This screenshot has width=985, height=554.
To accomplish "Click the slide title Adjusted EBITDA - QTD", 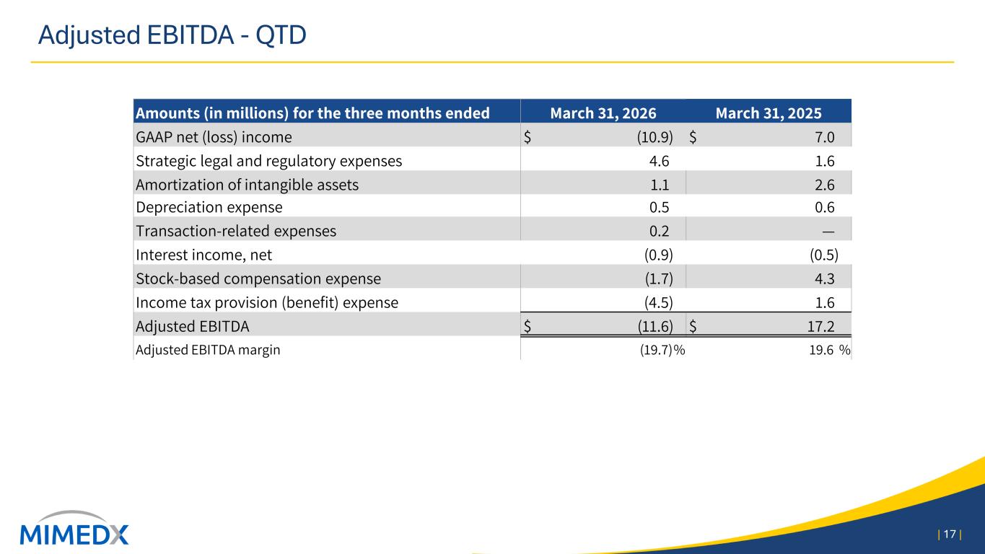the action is pyautogui.click(x=172, y=35).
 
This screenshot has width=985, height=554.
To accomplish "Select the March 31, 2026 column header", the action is pyautogui.click(x=603, y=113).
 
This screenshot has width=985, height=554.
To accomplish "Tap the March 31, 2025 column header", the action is pyautogui.click(x=769, y=113).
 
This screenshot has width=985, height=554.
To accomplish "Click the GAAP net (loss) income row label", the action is pyautogui.click(x=214, y=137).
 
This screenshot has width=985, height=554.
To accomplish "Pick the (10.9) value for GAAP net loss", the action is pyautogui.click(x=655, y=137).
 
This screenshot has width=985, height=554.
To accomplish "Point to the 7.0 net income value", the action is pyautogui.click(x=825, y=137).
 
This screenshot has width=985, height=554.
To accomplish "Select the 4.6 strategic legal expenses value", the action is pyautogui.click(x=659, y=161).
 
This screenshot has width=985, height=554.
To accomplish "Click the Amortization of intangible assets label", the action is pyautogui.click(x=247, y=185).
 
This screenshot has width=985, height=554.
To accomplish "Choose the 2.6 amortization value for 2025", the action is pyautogui.click(x=825, y=185).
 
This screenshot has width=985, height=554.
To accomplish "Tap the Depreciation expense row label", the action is pyautogui.click(x=209, y=207).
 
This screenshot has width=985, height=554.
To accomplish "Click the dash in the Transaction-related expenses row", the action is pyautogui.click(x=828, y=232).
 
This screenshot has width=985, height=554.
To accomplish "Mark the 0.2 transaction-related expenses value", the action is pyautogui.click(x=659, y=231).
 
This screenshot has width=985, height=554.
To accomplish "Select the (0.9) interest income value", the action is pyautogui.click(x=658, y=255).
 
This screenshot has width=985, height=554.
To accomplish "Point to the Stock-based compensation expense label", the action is pyautogui.click(x=258, y=278).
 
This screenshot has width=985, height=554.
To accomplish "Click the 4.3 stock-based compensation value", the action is pyautogui.click(x=825, y=278).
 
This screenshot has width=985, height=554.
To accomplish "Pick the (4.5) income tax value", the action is pyautogui.click(x=658, y=302).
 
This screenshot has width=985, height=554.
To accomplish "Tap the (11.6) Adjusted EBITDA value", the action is pyautogui.click(x=655, y=326).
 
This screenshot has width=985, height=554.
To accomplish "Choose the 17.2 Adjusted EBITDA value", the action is pyautogui.click(x=821, y=326).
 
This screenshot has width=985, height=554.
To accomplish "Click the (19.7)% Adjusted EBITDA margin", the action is pyautogui.click(x=662, y=350).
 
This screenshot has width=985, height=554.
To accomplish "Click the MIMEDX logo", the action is pyautogui.click(x=74, y=528).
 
